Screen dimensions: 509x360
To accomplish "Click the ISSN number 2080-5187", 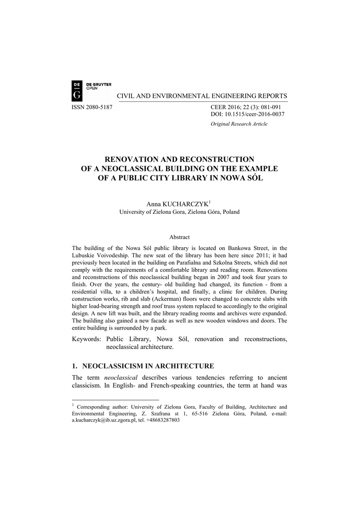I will (x=92, y=107).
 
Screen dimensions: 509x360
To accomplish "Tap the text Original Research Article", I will (x=239, y=124).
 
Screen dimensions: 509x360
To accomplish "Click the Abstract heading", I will (x=180, y=237).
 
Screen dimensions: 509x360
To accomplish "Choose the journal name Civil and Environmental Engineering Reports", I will (x=202, y=96).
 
